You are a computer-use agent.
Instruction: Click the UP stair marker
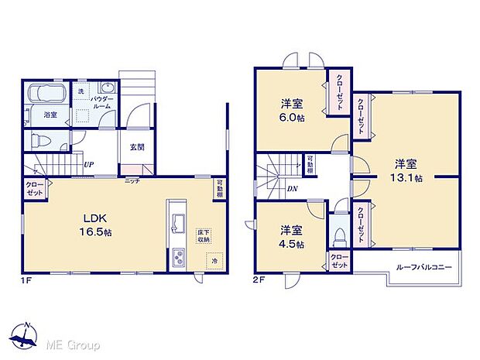pyautogui.click(x=89, y=164)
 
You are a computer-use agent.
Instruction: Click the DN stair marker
pyautogui.click(x=293, y=188)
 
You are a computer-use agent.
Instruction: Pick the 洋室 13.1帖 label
pyautogui.click(x=406, y=170)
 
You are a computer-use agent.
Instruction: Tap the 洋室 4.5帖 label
pyautogui.click(x=290, y=237)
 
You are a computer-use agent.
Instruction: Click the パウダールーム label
pyautogui.click(x=101, y=104)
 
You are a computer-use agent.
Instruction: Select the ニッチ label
pyautogui.click(x=132, y=180)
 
